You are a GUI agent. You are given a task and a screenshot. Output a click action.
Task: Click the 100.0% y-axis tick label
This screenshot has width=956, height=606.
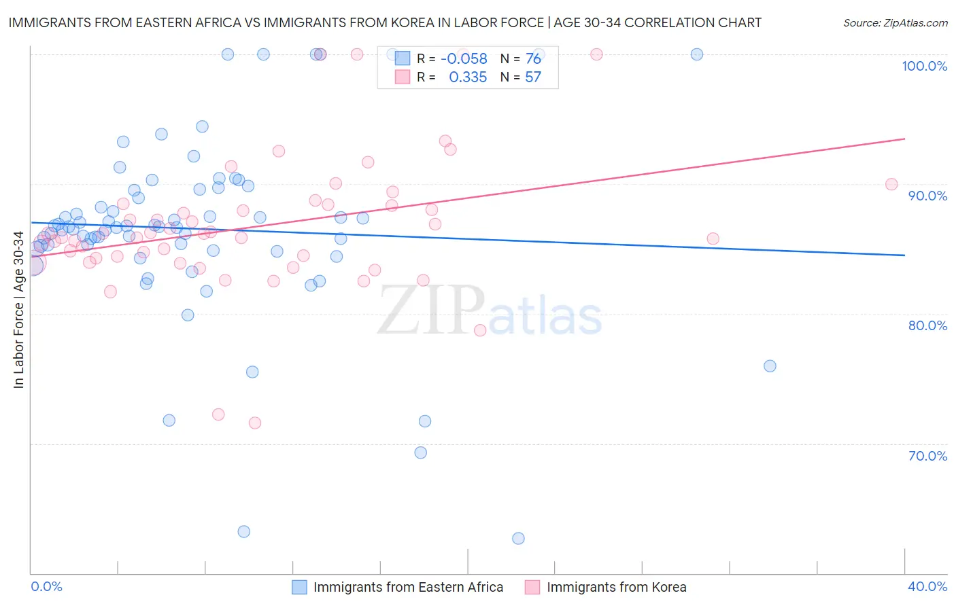tap(924, 66)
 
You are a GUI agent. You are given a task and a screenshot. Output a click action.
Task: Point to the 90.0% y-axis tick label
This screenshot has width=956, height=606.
tap(927, 196)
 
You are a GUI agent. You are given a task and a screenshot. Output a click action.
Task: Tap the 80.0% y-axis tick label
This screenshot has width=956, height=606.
tap(927, 325)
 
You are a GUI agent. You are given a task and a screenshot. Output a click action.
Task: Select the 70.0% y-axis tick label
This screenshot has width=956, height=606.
tap(927, 456)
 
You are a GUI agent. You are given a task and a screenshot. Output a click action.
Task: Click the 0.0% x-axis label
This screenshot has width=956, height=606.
tap(46, 586)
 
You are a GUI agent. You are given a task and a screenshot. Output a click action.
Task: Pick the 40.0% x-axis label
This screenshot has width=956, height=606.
tap(927, 586)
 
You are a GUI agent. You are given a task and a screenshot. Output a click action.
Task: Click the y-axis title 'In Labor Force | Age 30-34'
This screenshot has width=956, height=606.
tap(18, 310)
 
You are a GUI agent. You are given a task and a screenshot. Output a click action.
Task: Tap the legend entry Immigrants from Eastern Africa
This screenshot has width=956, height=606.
tap(408, 587)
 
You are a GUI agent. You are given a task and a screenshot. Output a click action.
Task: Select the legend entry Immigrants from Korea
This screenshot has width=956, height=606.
tap(616, 587)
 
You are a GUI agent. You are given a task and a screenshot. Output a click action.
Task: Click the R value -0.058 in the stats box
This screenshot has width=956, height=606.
tap(464, 59)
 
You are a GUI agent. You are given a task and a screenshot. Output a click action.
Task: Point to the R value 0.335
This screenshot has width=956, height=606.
tap(468, 77)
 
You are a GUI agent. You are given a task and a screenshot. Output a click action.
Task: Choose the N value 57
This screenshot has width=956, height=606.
tap(533, 77)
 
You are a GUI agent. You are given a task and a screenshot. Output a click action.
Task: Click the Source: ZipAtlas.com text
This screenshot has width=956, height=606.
tap(895, 23)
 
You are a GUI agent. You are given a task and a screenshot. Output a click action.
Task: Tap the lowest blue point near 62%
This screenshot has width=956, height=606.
tap(518, 538)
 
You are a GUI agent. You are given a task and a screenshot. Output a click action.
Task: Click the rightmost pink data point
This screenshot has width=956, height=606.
tap(891, 184)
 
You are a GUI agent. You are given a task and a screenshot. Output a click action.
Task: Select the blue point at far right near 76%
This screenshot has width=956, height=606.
tap(770, 366)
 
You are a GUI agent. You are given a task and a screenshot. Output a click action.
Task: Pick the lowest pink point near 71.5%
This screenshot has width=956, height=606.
tap(255, 423)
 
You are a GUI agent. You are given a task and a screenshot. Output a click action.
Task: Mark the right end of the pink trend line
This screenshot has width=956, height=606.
tap(904, 139)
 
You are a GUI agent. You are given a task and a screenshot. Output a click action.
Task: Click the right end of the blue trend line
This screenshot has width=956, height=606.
tap(904, 255)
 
